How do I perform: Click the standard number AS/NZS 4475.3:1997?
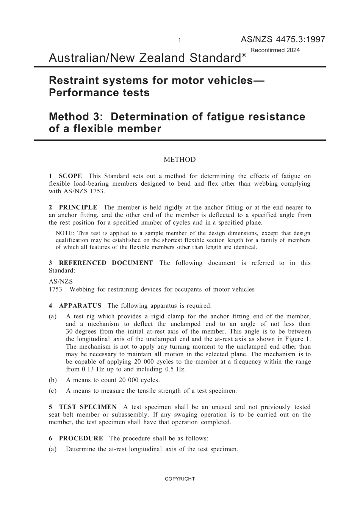[283, 39]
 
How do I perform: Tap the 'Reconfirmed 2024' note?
[275, 50]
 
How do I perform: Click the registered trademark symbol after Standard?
[244, 55]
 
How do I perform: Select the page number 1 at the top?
[180, 41]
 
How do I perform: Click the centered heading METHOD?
[180, 160]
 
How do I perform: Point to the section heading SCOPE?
[70, 176]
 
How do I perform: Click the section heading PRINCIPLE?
[78, 207]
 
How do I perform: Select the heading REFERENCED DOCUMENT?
[106, 263]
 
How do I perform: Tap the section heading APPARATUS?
[80, 305]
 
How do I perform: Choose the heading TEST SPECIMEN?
[88, 407]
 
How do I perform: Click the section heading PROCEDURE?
[81, 439]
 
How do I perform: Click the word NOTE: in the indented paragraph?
[64, 233]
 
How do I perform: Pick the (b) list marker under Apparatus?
[53, 380]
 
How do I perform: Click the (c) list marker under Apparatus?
[53, 391]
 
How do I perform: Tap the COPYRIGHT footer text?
[180, 479]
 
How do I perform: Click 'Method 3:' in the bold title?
[74, 117]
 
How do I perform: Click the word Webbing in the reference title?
[82, 290]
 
